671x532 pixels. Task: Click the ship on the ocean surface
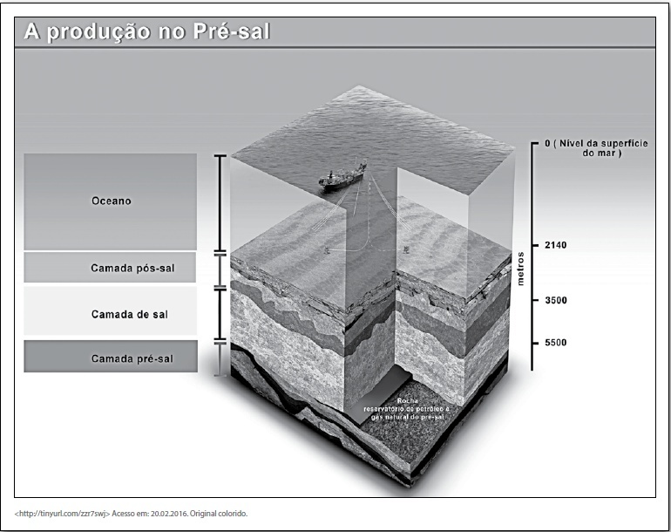pos(342,176)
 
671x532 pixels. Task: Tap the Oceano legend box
pos(111,201)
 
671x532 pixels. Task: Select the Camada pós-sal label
pos(132,269)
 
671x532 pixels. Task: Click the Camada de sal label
pos(130,315)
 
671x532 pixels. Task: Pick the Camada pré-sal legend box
pos(111,357)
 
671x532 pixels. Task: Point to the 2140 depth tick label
pos(555,245)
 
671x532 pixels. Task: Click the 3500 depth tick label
pos(555,300)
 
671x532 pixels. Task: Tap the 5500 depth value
pos(555,342)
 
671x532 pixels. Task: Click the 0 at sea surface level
pos(547,144)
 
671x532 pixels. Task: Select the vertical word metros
pos(520,269)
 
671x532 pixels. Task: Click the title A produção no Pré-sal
pos(147,32)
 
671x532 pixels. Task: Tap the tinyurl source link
pos(63,514)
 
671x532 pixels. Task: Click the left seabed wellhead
pos(327,249)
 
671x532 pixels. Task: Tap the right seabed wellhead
pos(406,249)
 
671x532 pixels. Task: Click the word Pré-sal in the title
pos(232,31)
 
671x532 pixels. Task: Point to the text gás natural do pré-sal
pos(408,417)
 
